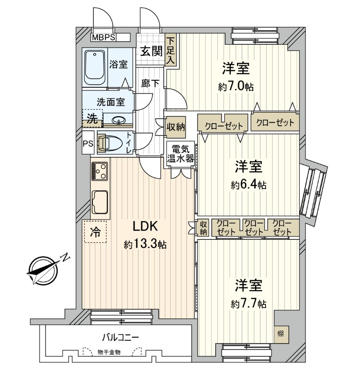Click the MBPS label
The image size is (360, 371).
click(104, 38)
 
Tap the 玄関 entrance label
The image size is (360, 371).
click(151, 51)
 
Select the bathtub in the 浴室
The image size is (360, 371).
click(95, 67)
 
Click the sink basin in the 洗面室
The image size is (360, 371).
click(118, 120)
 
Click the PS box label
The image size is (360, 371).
click(88, 143)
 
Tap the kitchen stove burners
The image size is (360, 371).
click(100, 171)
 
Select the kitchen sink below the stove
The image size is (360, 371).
click(101, 203)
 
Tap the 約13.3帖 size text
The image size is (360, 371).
click(145, 244)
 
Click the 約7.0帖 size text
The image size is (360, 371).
click(236, 87)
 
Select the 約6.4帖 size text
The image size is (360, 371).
click(248, 185)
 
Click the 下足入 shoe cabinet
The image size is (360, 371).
click(171, 50)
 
